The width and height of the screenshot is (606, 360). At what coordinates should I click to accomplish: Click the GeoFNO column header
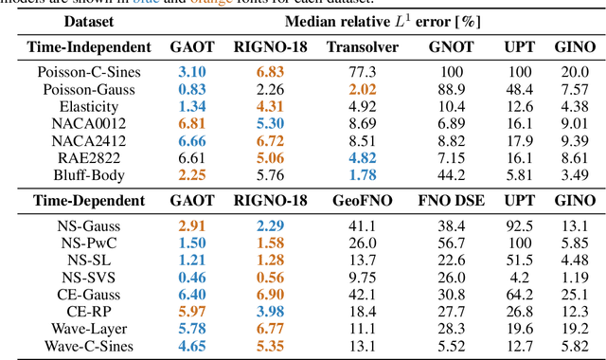tap(358, 201)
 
